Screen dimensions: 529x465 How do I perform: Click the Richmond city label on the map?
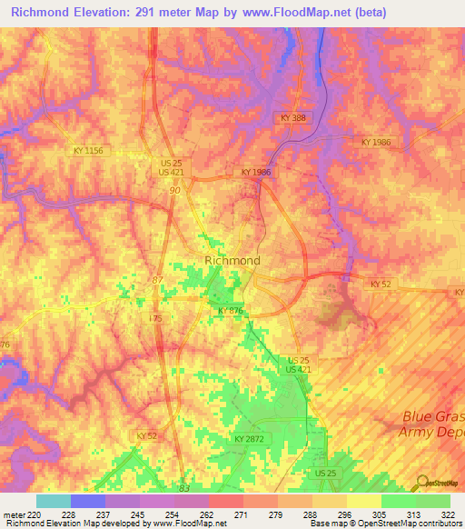(x=232, y=260)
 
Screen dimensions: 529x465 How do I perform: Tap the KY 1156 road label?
(x=89, y=149)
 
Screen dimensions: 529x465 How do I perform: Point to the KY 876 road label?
(x=231, y=311)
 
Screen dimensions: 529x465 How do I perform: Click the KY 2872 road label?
(x=249, y=439)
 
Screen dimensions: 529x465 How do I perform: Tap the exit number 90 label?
(x=173, y=190)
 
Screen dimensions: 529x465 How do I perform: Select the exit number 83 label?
(x=184, y=488)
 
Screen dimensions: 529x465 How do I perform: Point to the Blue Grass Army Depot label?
(x=433, y=424)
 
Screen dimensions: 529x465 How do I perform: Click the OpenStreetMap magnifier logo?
(x=423, y=483)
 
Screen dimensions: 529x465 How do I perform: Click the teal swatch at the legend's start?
(x=53, y=501)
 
